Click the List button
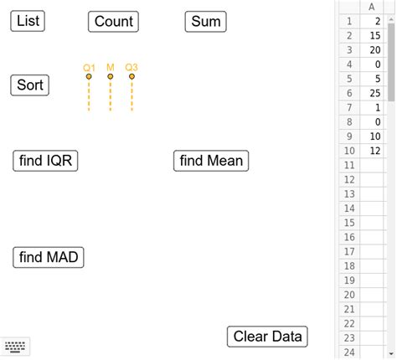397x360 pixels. pyautogui.click(x=28, y=21)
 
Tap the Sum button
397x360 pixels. pyautogui.click(x=206, y=22)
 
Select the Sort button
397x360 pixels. pyautogui.click(x=30, y=85)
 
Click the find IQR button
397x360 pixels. pyautogui.click(x=46, y=161)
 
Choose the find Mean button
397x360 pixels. pyautogui.click(x=212, y=161)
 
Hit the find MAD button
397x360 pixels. pyautogui.click(x=49, y=257)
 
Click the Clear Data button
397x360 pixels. pyautogui.click(x=267, y=337)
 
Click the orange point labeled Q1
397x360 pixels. pyautogui.click(x=88, y=77)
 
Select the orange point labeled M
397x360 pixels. pyautogui.click(x=110, y=77)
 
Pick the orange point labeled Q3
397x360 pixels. pyautogui.click(x=131, y=77)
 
